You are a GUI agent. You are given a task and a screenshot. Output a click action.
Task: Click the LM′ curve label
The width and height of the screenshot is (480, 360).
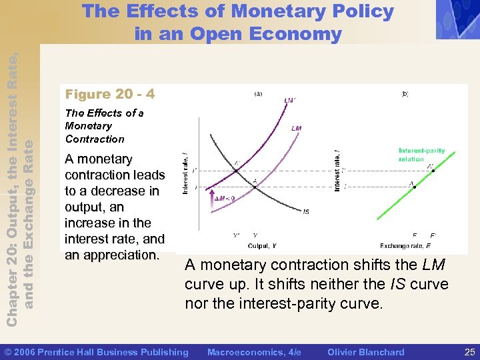tap(289, 101)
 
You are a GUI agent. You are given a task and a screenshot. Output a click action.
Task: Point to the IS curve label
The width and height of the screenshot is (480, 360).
tap(306, 211)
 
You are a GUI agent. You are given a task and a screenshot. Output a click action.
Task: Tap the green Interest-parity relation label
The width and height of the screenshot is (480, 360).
tap(421, 155)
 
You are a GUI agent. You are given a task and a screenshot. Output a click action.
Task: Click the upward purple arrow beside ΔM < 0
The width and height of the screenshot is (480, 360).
tap(211, 198)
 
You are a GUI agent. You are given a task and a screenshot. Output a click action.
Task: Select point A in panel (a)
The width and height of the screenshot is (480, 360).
tap(254, 187)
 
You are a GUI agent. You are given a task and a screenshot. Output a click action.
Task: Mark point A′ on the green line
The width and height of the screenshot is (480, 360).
tap(433, 171)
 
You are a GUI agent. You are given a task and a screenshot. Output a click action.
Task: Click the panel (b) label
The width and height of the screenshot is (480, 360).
tap(405, 94)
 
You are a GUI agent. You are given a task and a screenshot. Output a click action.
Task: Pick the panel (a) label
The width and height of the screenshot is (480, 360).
tap(258, 94)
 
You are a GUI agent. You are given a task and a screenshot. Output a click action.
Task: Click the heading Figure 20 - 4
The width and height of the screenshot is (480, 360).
tap(110, 94)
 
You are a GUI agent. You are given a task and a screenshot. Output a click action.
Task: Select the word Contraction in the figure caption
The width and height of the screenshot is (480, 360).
tap(95, 139)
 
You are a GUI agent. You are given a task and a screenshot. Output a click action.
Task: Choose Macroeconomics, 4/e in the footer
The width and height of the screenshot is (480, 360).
tap(255, 351)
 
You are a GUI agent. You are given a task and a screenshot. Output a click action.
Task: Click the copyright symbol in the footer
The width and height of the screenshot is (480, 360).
tap(8, 351)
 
